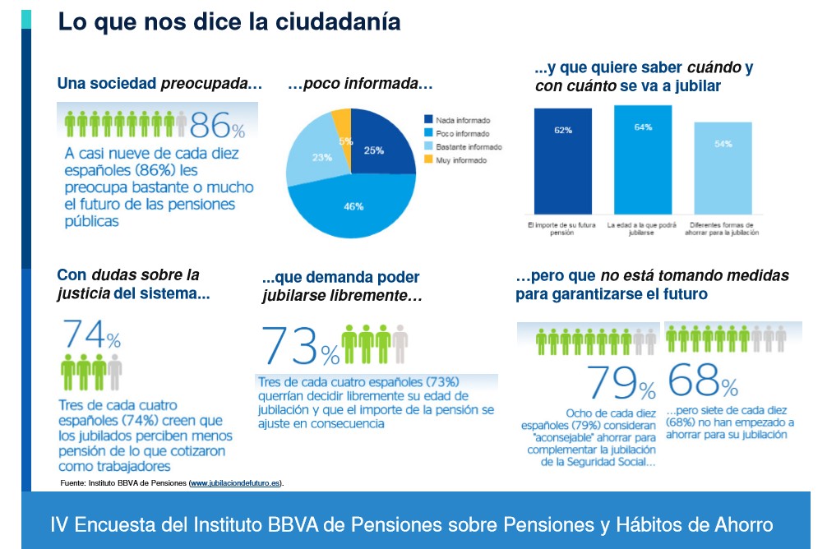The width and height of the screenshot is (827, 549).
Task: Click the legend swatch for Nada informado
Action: point(428,119)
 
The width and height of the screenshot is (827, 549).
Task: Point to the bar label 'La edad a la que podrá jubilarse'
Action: point(642,228)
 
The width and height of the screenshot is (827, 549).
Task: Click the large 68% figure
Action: point(703,380)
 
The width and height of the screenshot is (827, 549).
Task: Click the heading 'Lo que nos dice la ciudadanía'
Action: point(229,22)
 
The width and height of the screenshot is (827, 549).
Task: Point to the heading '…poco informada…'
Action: point(360,84)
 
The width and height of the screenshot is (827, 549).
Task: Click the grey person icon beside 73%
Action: point(400,344)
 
